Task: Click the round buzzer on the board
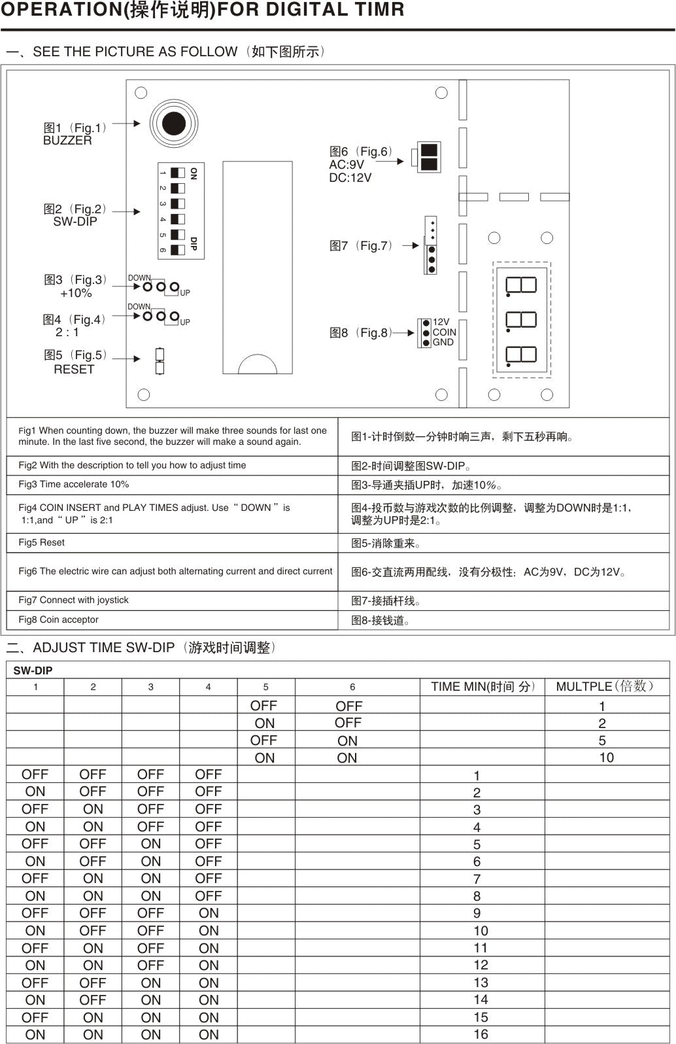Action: (173, 123)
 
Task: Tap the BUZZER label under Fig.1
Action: (67, 141)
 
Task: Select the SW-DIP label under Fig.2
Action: (75, 222)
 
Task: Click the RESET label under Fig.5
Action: (74, 370)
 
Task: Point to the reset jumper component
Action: (160, 361)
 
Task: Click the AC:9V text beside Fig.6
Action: (346, 165)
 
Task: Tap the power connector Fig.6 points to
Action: (428, 157)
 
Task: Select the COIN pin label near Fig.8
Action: (444, 332)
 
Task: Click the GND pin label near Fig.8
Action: (443, 342)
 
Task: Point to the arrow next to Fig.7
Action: (410, 246)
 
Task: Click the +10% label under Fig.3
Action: (76, 293)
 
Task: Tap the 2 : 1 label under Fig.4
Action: (67, 332)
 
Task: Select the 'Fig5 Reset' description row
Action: (42, 542)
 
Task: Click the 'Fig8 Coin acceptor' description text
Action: (59, 619)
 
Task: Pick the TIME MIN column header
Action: (482, 686)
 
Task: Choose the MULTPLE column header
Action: (604, 686)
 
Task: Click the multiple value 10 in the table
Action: (606, 757)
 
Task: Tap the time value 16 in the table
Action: (481, 1034)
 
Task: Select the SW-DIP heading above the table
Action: (33, 670)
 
